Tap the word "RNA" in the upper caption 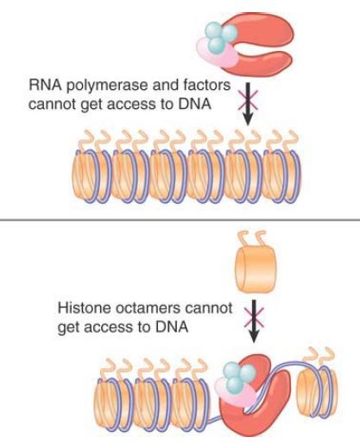(x=45, y=86)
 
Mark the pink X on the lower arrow (x=254, y=316)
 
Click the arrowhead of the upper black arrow (x=248, y=118)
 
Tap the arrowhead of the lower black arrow (x=254, y=336)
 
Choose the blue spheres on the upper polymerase (x=221, y=35)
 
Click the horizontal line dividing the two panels (x=180, y=220)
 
